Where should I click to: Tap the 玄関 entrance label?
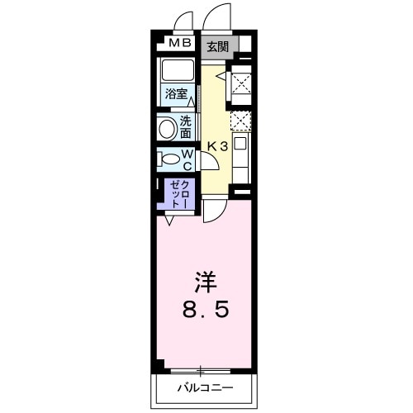218,45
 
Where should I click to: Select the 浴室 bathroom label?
176,93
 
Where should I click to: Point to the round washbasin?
168,129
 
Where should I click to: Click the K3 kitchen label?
217,147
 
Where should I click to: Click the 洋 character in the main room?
205,282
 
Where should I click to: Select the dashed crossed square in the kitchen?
240,121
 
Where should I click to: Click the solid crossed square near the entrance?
241,83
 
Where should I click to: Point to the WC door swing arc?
208,160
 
